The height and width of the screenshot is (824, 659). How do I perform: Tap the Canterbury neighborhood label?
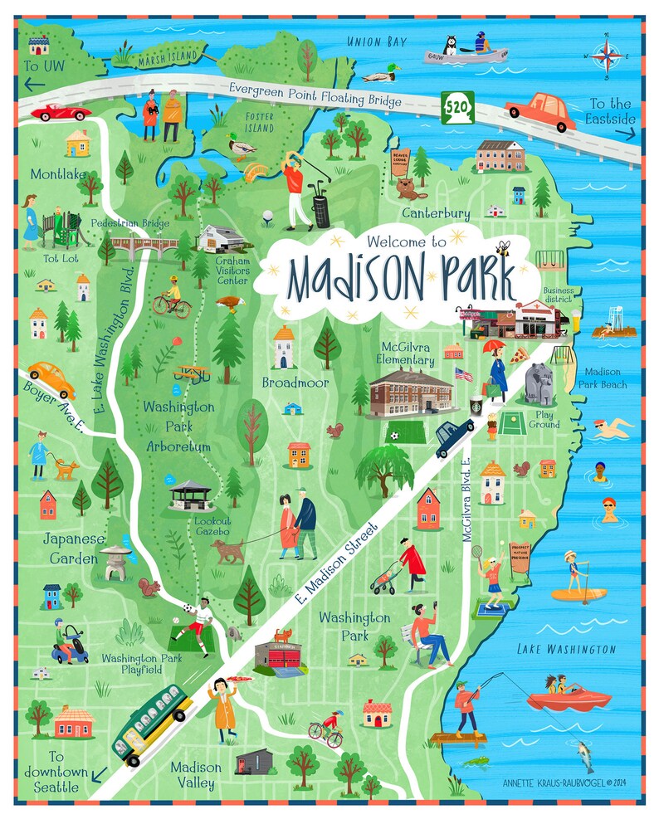point(436,213)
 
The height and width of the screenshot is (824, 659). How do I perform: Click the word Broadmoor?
point(295,383)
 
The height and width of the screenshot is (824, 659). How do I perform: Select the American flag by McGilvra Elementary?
point(463,374)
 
